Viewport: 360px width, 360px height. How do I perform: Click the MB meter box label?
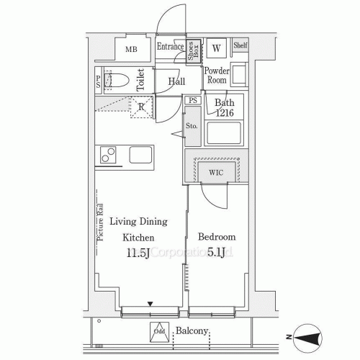[132, 50]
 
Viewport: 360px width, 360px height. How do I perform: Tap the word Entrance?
[171, 47]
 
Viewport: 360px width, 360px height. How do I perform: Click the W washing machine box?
[217, 49]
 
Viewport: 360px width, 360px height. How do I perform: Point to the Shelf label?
[240, 46]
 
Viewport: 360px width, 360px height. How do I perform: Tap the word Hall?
[176, 81]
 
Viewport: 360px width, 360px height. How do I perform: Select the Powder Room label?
[217, 76]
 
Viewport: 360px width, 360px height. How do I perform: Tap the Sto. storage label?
[192, 127]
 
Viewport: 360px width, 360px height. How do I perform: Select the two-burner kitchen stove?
[107, 155]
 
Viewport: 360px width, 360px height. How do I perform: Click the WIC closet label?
[215, 172]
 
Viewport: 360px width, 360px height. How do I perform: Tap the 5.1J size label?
[216, 251]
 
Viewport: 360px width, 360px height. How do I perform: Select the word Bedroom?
[216, 236]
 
